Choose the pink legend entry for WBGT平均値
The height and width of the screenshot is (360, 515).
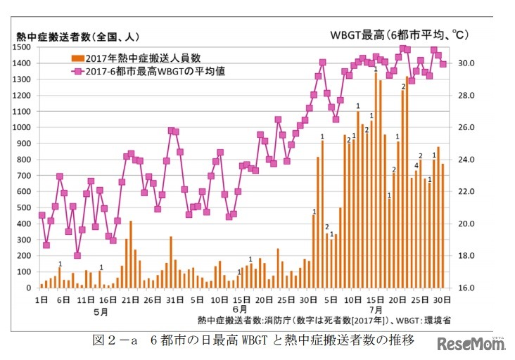click(141, 71)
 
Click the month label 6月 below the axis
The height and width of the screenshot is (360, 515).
click(239, 310)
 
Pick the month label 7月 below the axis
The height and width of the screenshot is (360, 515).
click(376, 310)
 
